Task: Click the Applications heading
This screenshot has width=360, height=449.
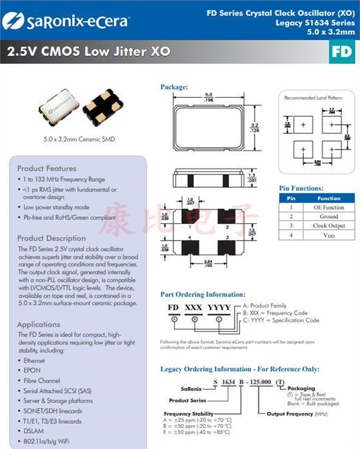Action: click(39, 324)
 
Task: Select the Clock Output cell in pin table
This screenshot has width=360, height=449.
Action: click(328, 226)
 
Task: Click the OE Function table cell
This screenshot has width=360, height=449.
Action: click(328, 208)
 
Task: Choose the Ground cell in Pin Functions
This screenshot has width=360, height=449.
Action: click(328, 217)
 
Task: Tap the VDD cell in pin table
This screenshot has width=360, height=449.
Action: click(328, 235)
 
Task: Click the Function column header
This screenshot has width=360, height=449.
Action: click(328, 199)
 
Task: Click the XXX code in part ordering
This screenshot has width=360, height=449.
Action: click(194, 308)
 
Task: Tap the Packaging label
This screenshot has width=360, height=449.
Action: click(300, 389)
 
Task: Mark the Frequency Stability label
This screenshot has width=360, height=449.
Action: click(187, 414)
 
